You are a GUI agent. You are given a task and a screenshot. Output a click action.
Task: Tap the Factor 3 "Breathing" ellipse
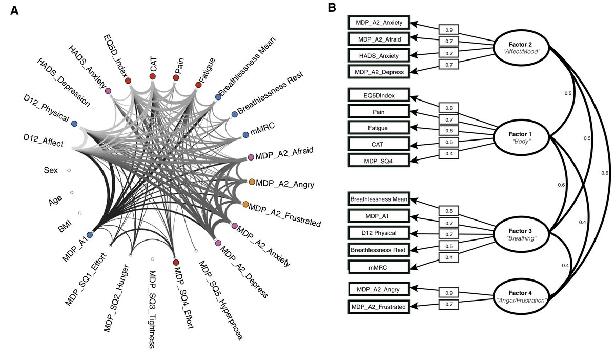(522, 234)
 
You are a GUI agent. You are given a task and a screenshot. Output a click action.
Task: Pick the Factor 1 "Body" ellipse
(522, 135)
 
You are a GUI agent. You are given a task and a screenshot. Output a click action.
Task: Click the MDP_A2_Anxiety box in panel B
(379, 23)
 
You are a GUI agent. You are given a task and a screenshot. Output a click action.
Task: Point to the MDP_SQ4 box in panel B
(379, 160)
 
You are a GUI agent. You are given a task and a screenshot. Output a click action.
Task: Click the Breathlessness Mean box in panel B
(379, 199)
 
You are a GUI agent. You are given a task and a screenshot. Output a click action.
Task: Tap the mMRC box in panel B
(379, 267)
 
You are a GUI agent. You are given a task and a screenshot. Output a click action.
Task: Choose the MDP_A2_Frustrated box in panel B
(379, 307)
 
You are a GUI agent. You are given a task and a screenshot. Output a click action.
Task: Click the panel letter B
(332, 8)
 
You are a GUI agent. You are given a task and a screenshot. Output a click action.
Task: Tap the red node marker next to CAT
(152, 76)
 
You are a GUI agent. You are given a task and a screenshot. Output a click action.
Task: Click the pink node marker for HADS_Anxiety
(108, 91)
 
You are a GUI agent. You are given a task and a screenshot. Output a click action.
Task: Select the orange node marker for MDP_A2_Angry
(252, 182)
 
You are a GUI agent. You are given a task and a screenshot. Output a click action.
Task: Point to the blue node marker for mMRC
(245, 134)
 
